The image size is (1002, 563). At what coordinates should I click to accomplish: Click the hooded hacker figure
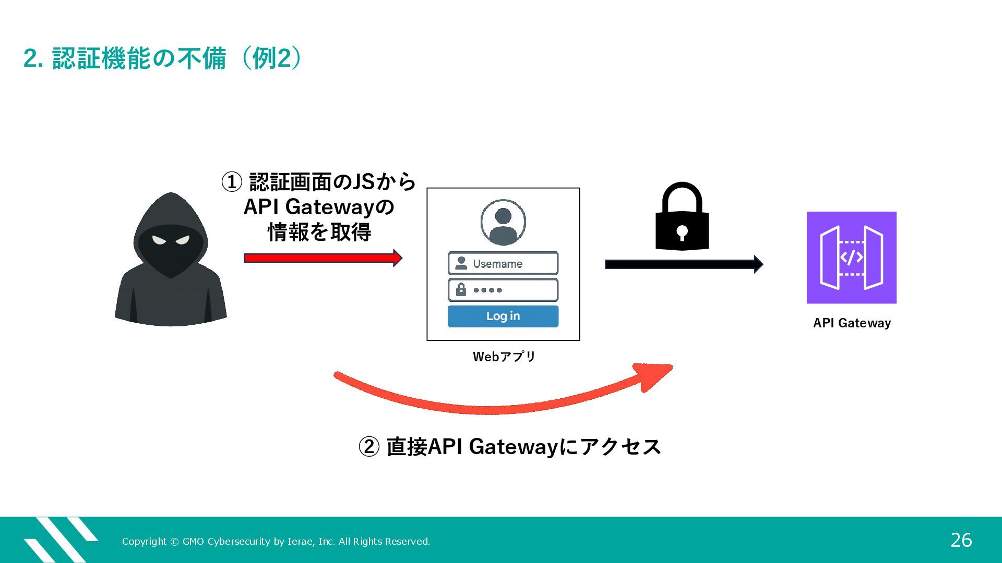point(171,261)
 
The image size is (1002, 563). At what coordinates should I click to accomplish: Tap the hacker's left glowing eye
point(159,240)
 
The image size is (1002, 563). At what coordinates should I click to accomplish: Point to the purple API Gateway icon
point(851,258)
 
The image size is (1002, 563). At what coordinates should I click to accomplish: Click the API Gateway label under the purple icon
point(852,323)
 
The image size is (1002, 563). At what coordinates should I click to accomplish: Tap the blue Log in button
point(503,316)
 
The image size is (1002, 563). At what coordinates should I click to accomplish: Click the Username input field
point(503,263)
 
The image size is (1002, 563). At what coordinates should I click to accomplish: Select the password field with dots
point(503,290)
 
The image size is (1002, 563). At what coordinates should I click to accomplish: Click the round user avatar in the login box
point(503,222)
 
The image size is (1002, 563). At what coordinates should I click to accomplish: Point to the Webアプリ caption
point(504,357)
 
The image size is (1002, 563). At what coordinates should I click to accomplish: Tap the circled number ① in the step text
point(232,182)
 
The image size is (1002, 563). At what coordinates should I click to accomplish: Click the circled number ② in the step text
point(368,447)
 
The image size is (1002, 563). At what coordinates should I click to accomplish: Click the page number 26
point(961,540)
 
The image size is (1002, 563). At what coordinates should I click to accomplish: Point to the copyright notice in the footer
point(276,542)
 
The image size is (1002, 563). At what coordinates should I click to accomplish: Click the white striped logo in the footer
point(60,540)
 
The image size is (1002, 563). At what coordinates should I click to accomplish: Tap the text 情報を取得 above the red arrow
point(319,232)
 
